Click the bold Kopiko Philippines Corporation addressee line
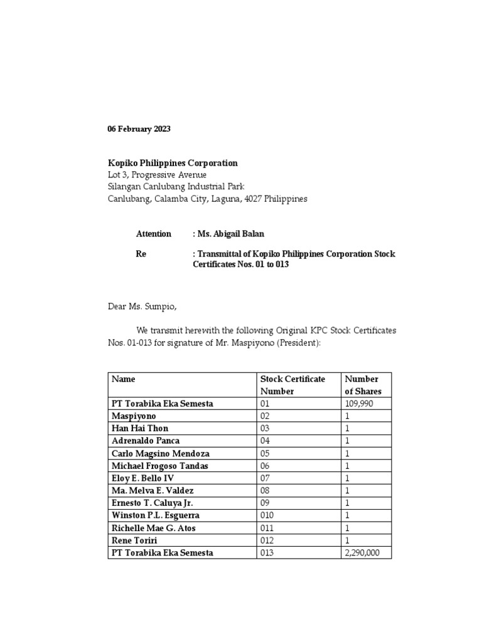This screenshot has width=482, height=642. (x=172, y=163)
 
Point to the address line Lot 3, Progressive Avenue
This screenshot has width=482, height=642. (x=156, y=175)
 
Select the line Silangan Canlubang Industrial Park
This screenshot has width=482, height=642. (x=175, y=187)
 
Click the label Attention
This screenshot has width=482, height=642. (x=154, y=234)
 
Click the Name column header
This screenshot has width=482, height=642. (x=124, y=379)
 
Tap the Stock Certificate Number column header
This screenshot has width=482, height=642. (x=292, y=385)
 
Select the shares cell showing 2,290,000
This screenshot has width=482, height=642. (x=362, y=552)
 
